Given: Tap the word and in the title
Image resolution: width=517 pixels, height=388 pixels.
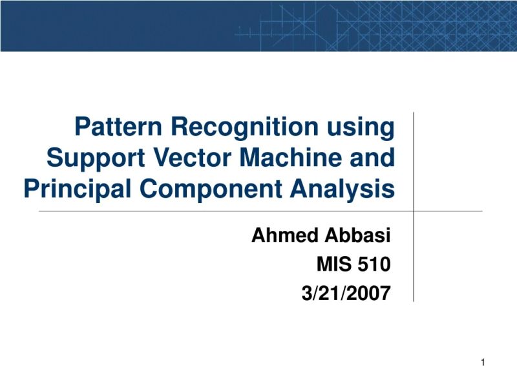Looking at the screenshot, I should coord(373,158).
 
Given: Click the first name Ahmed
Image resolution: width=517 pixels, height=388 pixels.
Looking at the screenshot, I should coord(282,236).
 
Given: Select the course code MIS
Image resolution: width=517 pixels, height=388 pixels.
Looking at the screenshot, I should coord(333,264).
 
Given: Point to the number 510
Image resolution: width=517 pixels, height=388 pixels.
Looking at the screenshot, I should coord(374,264).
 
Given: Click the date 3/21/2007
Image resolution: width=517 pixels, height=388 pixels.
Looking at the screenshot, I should coord(346,294).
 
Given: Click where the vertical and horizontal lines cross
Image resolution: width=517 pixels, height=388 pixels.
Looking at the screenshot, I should coord(413,211).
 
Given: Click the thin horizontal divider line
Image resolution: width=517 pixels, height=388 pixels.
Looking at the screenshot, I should coord(194,211).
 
